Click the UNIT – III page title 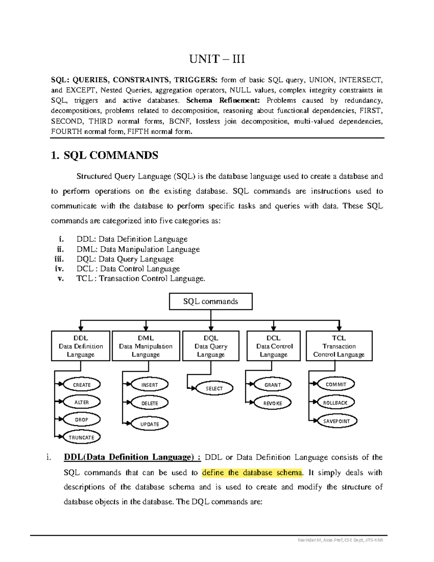217,59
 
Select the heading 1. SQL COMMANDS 105,156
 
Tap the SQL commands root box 210,301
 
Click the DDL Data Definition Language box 81,346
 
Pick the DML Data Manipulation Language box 146,346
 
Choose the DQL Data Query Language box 211,346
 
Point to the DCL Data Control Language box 273,346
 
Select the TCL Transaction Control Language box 339,346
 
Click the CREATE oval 82,385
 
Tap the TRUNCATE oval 81,437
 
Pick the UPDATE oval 150,424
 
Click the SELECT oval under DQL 214,388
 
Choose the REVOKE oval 273,403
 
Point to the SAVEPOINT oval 336,421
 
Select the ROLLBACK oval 335,402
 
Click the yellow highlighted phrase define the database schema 252,473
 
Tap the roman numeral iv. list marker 59,269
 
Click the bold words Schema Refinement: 223,101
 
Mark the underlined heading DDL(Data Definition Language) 132,457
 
